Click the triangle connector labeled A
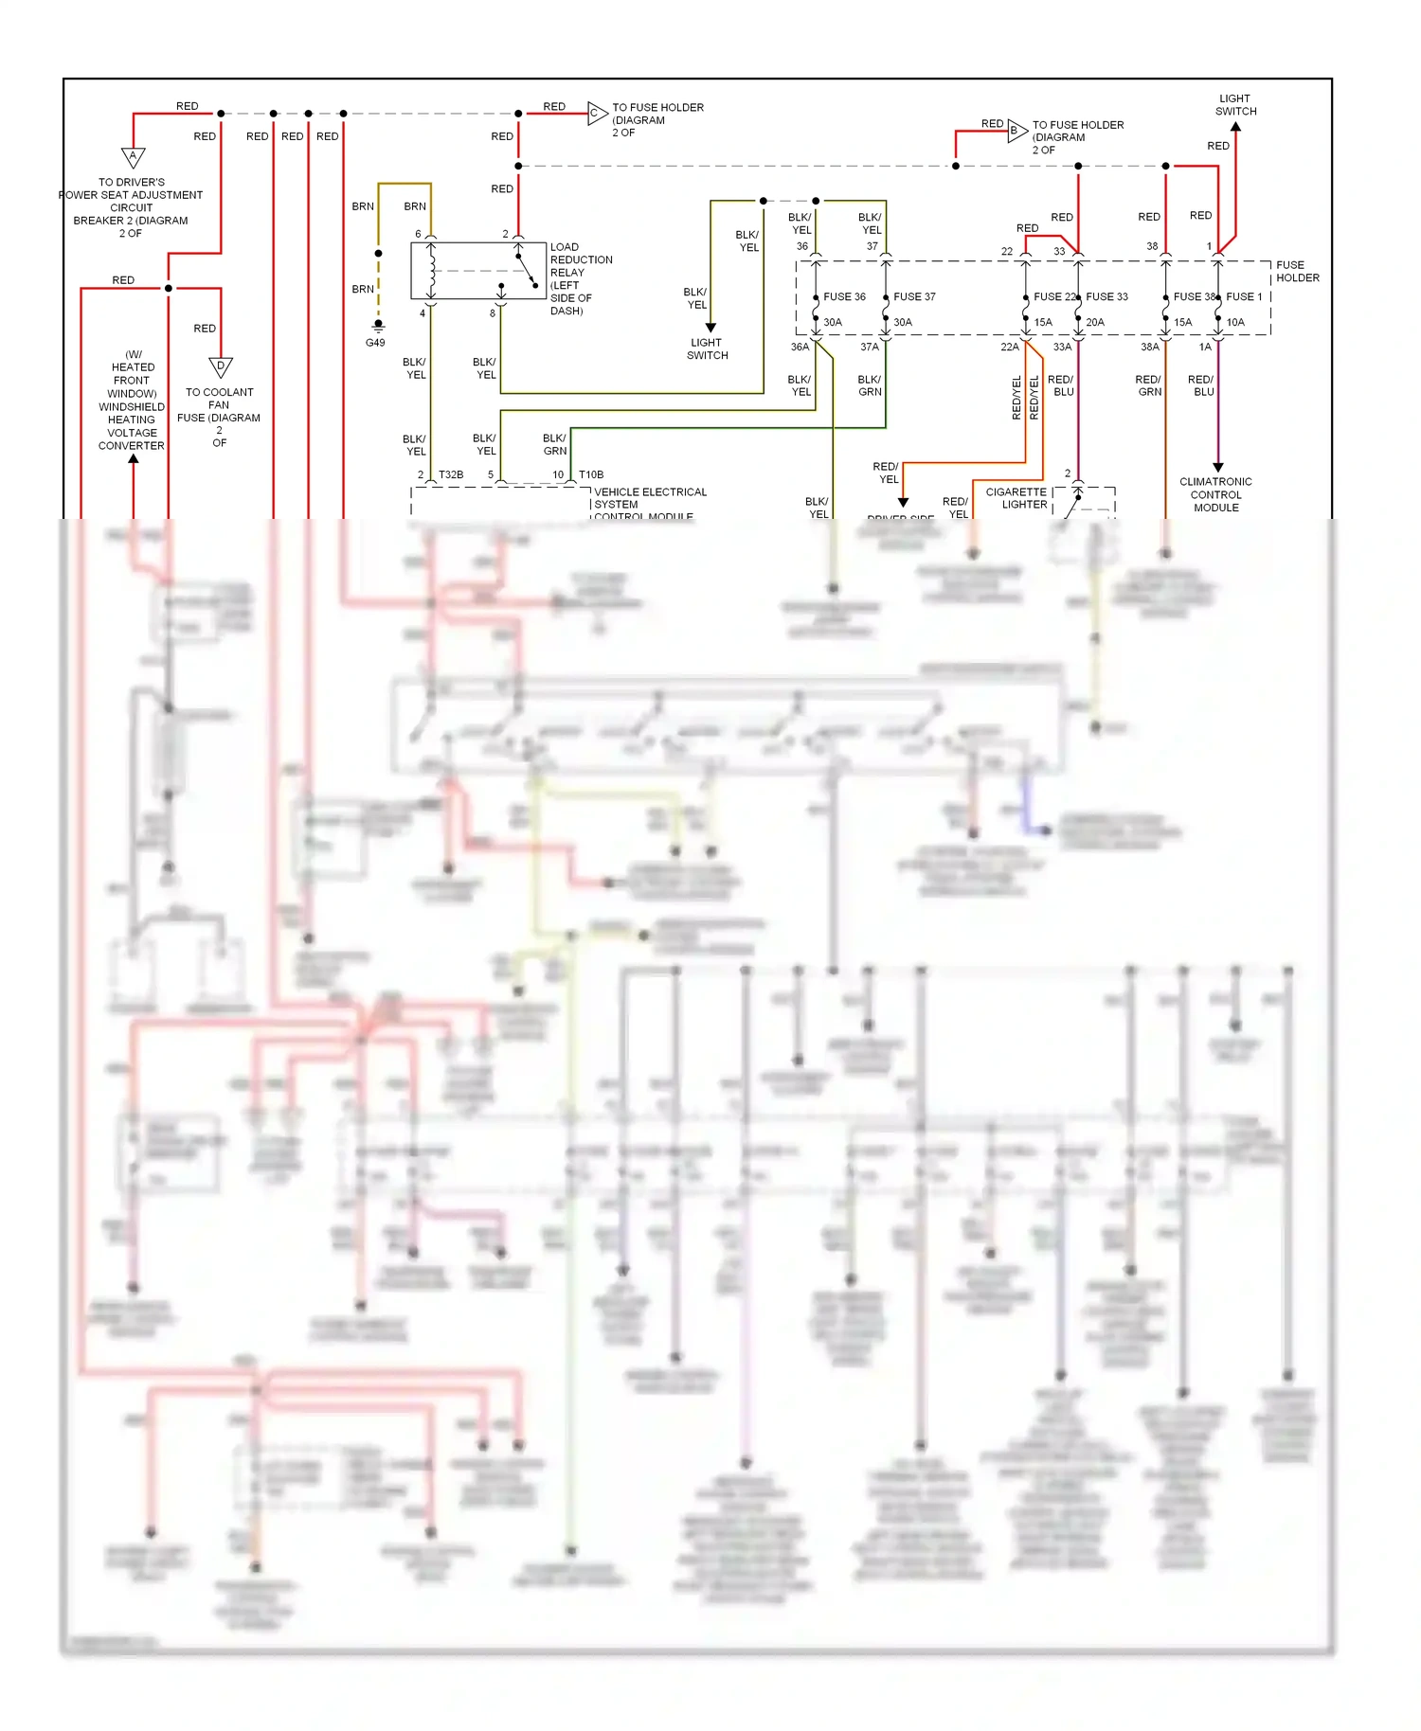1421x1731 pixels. tap(133, 156)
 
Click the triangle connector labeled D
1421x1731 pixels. tap(220, 366)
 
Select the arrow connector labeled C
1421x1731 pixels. tap(596, 114)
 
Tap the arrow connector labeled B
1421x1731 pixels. tap(1016, 131)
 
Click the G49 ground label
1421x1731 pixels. tap(375, 343)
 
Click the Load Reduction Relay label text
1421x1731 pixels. tap(580, 278)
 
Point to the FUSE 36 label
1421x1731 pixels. tap(844, 296)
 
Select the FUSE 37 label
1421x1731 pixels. tap(914, 296)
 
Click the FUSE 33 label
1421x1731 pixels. tap(1106, 296)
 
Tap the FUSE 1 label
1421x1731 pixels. tap(1244, 296)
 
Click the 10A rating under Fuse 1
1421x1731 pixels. tap(1235, 322)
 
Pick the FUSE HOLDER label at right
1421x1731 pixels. tap(1296, 271)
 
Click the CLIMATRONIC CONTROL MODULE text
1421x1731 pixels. tap(1215, 494)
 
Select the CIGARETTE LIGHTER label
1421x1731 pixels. tap(1016, 498)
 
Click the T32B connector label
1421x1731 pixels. tap(451, 474)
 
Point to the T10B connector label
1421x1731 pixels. tap(591, 474)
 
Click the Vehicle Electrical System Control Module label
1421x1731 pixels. tap(649, 503)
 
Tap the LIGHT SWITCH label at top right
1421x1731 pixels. tap(1235, 104)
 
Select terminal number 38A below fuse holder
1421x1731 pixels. tap(1149, 347)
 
